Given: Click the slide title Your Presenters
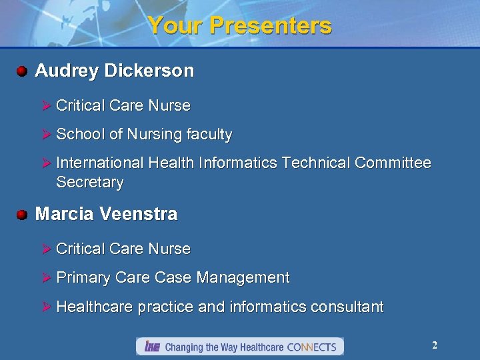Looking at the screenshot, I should click(239, 25).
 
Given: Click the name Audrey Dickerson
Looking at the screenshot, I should click(114, 71).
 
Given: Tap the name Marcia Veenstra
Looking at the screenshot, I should click(106, 214).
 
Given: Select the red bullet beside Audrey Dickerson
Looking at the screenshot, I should click(22, 71).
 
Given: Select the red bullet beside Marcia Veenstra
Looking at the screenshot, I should click(22, 214).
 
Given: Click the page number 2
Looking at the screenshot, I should click(435, 345).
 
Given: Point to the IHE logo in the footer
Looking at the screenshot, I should click(152, 347).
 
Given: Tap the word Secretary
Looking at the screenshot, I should click(89, 183).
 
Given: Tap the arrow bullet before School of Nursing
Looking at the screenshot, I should click(47, 135).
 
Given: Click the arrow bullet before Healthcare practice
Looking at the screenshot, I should click(47, 307).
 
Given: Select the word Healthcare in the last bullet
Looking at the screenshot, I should click(95, 307).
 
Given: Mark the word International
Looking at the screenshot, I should click(100, 163).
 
